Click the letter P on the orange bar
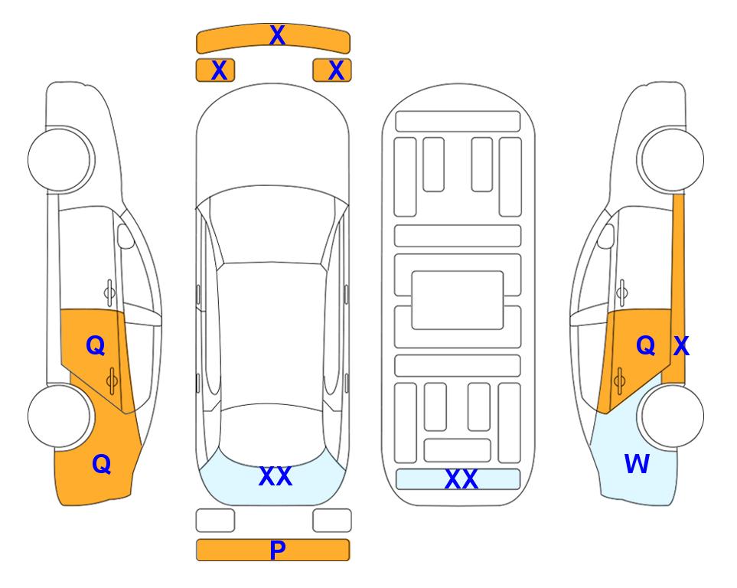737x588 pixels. pyautogui.click(x=277, y=550)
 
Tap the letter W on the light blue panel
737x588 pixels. pyautogui.click(x=637, y=464)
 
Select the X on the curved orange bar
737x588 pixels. pyautogui.click(x=277, y=35)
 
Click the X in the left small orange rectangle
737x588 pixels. pyautogui.click(x=219, y=70)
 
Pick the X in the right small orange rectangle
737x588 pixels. pyautogui.click(x=336, y=70)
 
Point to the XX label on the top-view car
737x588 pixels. pyautogui.click(x=276, y=476)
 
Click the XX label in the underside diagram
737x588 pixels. pyautogui.click(x=461, y=479)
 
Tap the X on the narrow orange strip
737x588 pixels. pyautogui.click(x=681, y=346)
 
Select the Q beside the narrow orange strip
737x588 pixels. pyautogui.click(x=645, y=346)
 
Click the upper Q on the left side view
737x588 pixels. pyautogui.click(x=96, y=346)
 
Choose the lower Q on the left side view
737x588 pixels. pyautogui.click(x=102, y=464)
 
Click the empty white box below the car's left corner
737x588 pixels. pyautogui.click(x=215, y=521)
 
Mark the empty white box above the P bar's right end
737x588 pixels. pyautogui.click(x=332, y=521)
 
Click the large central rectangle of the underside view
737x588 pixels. pyautogui.click(x=458, y=300)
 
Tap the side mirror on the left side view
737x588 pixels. pyautogui.click(x=126, y=236)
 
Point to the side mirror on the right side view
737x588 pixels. pyautogui.click(x=605, y=236)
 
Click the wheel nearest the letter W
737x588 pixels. pyautogui.click(x=671, y=416)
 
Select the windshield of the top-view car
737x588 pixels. pyautogui.click(x=272, y=225)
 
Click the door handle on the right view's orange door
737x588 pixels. pyautogui.click(x=619, y=381)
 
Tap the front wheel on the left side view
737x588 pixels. pyautogui.click(x=60, y=160)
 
